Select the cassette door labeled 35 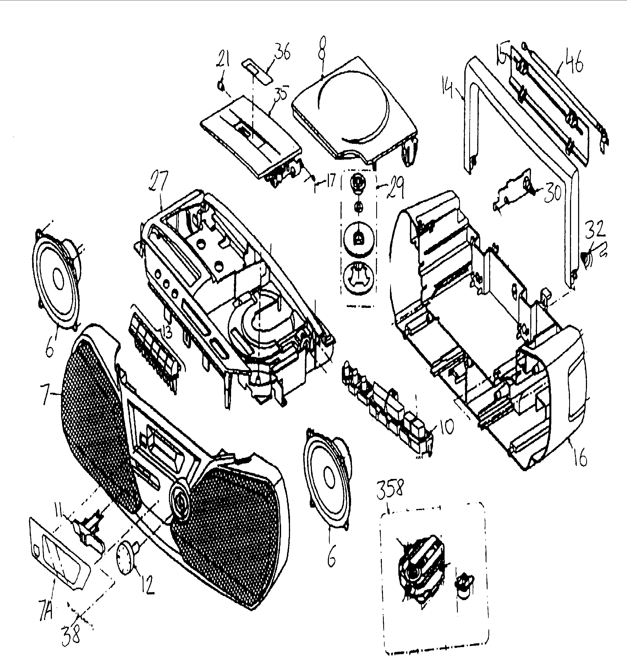(251, 135)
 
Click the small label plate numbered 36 (257, 71)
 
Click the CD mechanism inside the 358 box (421, 572)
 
